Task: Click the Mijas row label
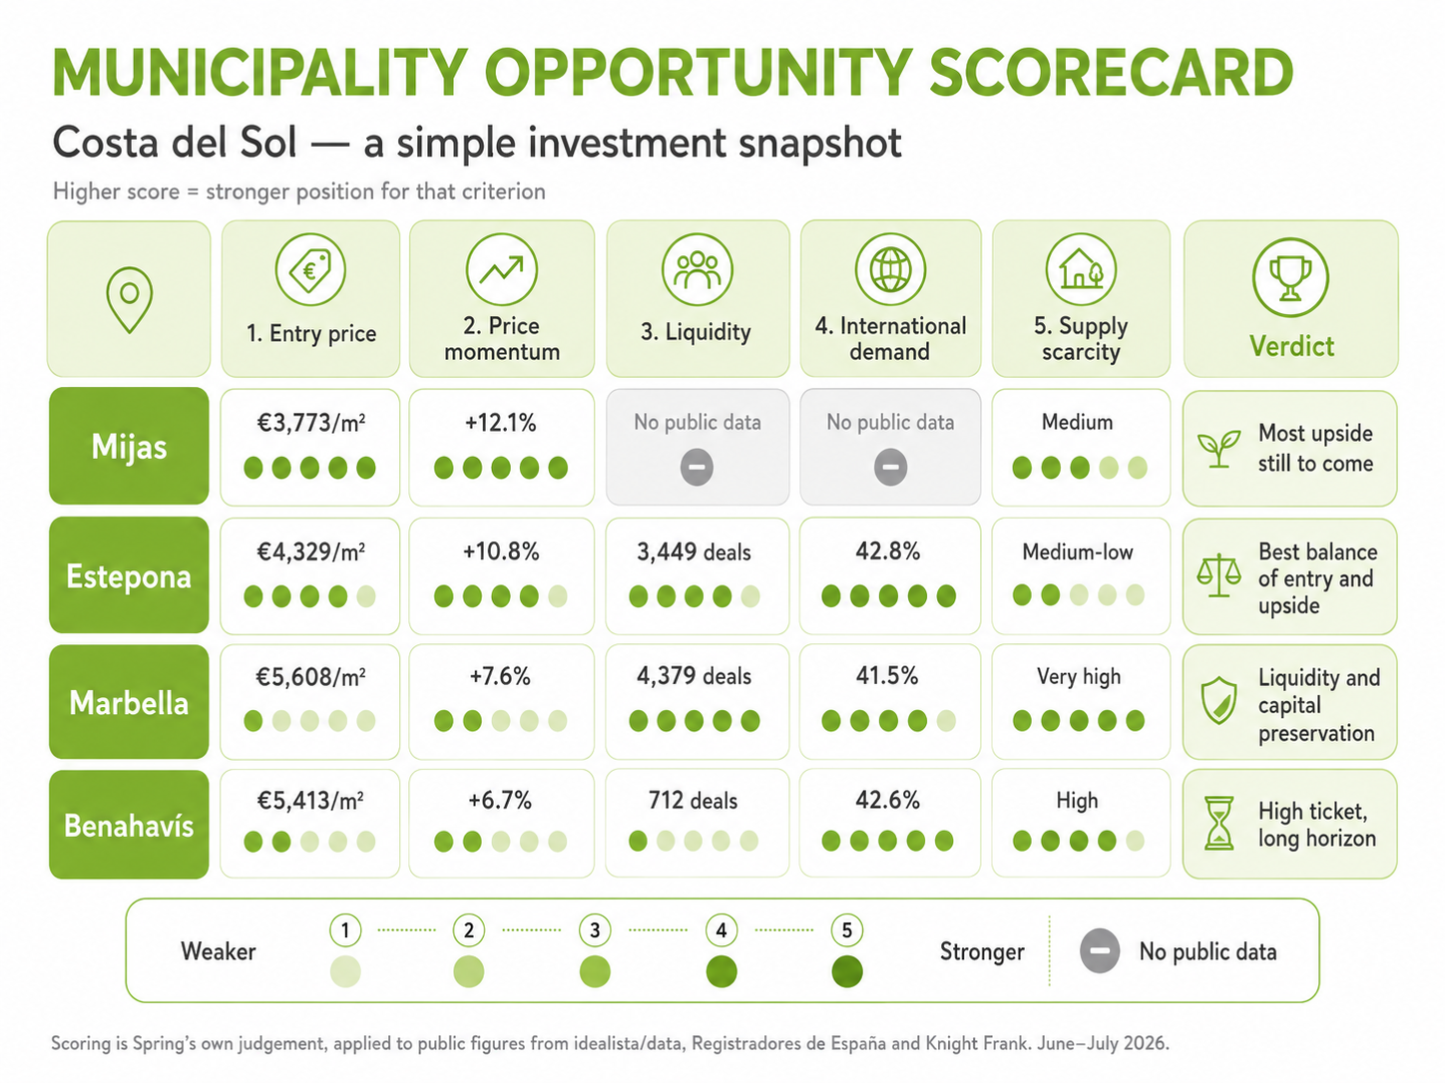[129, 447]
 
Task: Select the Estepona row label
[129, 576]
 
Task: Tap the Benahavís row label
[129, 826]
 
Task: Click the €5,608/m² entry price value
[310, 677]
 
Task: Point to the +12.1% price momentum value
[501, 422]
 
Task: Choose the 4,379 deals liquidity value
[694, 676]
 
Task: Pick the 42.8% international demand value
[888, 551]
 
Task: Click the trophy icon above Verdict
[1290, 277]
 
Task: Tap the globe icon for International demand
[891, 269]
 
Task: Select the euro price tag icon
[310, 269]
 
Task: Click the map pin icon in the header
[130, 300]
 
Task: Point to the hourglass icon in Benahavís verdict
[1218, 824]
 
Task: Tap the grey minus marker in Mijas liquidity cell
[697, 468]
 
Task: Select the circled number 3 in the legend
[595, 929]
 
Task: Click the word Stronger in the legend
[982, 951]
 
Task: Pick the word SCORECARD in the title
[1112, 73]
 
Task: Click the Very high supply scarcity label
[1079, 677]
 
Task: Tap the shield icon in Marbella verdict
[1218, 701]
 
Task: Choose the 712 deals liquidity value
[693, 800]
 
